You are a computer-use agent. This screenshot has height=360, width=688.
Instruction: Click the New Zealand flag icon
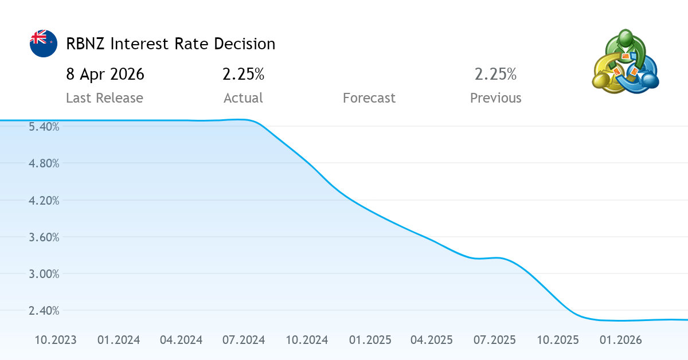[x=44, y=44]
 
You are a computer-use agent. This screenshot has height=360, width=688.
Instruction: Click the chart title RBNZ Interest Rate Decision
[x=171, y=44]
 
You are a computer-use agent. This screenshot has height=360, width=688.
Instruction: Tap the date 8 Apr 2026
[x=105, y=74]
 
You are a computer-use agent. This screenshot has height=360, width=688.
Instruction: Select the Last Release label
[x=104, y=98]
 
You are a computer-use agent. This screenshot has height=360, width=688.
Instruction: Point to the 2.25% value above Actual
[x=243, y=74]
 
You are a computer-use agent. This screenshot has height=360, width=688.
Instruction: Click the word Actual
[x=243, y=98]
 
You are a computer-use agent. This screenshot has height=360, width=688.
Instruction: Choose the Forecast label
[x=369, y=98]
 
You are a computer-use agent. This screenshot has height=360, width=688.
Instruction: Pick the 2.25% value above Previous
[x=495, y=74]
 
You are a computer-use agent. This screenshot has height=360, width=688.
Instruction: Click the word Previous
[x=495, y=98]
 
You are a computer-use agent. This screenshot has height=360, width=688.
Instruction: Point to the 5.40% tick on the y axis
[x=44, y=127]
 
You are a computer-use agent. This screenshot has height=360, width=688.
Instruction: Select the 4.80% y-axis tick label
[x=44, y=163]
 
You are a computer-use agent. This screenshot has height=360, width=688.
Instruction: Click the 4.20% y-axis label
[x=44, y=200]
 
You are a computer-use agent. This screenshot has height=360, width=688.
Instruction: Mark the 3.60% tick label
[x=44, y=237]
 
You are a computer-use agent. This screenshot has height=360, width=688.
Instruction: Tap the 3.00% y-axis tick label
[x=44, y=273]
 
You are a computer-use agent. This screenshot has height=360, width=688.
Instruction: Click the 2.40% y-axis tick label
[x=44, y=310]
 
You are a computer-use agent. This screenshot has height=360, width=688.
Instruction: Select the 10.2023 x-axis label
[x=56, y=340]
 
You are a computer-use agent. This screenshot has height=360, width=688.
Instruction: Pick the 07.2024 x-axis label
[x=244, y=340]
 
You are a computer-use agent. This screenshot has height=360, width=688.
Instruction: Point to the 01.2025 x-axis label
[x=370, y=340]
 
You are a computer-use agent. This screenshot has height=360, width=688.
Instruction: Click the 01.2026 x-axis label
[x=620, y=340]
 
